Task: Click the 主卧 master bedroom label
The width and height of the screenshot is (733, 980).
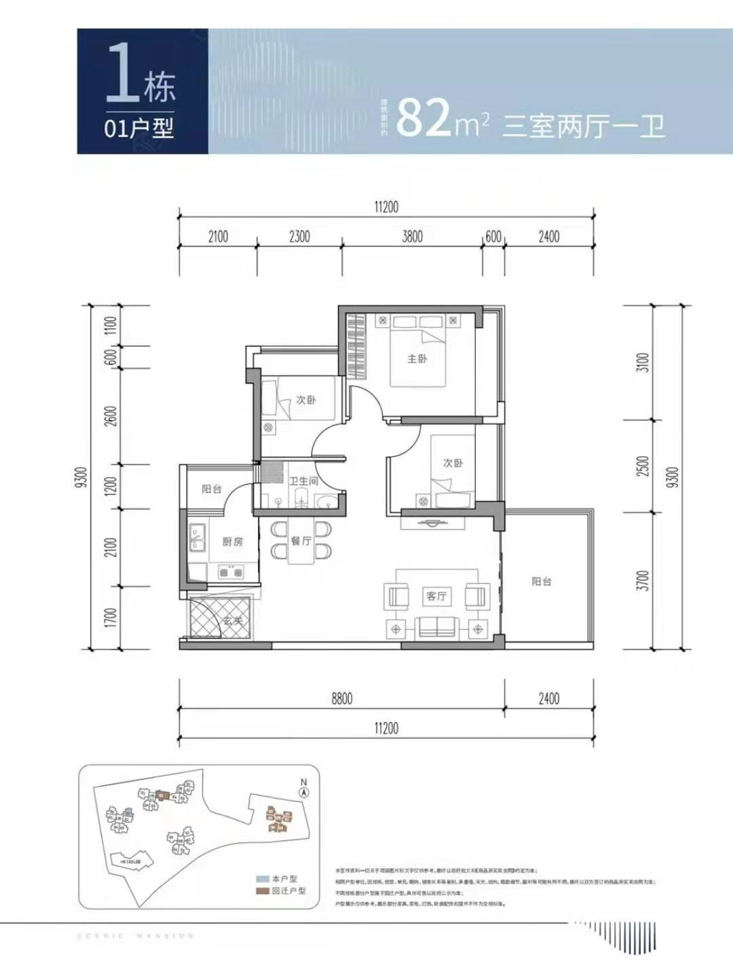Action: click(417, 358)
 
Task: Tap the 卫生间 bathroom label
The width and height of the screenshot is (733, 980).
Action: click(303, 480)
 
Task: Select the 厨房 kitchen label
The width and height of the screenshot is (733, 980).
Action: click(232, 542)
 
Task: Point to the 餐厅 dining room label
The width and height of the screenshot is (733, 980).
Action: click(301, 540)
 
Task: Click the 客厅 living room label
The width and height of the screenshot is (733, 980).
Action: click(436, 596)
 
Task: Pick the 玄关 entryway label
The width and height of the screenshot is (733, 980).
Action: click(233, 620)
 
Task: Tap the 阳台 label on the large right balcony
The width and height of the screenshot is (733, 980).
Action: click(541, 582)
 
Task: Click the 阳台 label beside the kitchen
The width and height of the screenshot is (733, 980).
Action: click(211, 489)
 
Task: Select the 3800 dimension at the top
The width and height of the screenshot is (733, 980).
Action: click(412, 236)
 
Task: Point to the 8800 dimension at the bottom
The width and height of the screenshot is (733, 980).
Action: click(341, 698)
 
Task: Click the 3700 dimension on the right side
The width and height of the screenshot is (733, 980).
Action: click(642, 580)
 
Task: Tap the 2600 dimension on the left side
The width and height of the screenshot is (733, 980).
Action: click(111, 416)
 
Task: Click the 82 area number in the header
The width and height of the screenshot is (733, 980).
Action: click(424, 118)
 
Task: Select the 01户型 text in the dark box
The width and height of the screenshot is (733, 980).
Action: click(138, 128)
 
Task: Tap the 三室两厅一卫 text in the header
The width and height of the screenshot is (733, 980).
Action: click(583, 126)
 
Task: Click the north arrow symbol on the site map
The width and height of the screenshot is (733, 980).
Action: click(304, 791)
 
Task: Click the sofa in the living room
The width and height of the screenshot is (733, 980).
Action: click(436, 626)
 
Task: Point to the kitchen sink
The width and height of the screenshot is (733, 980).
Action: click(198, 536)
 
